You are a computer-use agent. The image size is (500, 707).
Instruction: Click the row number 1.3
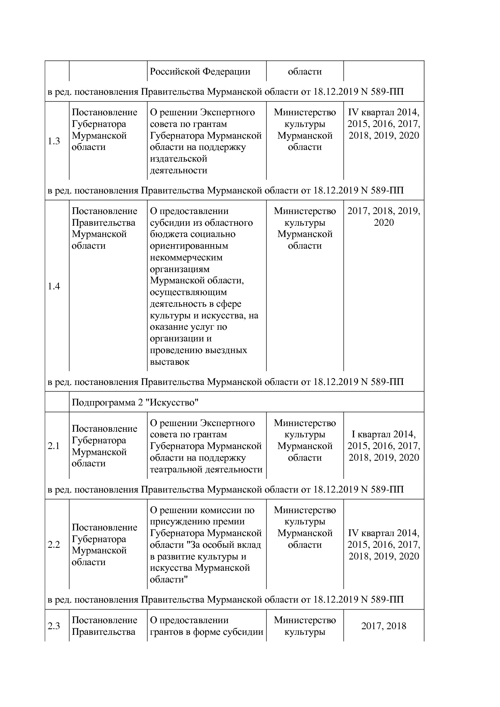(54, 141)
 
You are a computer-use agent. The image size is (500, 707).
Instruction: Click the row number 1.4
(54, 286)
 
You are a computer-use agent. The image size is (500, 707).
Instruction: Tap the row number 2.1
(54, 446)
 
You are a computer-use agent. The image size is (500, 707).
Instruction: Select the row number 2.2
(54, 545)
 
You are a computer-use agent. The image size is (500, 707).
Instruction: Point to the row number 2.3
(54, 626)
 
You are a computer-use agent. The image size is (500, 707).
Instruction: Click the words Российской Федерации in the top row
(200, 72)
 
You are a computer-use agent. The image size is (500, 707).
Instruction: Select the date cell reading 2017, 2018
(383, 626)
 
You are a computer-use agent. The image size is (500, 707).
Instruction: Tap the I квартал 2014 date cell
(383, 446)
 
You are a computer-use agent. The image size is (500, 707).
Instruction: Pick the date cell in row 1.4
(383, 217)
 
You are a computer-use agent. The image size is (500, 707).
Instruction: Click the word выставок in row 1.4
(169, 362)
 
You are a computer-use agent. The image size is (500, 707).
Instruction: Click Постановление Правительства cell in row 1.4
(104, 228)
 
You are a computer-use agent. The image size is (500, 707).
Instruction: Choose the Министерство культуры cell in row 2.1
(305, 440)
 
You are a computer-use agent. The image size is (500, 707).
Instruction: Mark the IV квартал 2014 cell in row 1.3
(383, 124)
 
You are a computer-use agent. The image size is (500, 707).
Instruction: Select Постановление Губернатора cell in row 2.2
(104, 545)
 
